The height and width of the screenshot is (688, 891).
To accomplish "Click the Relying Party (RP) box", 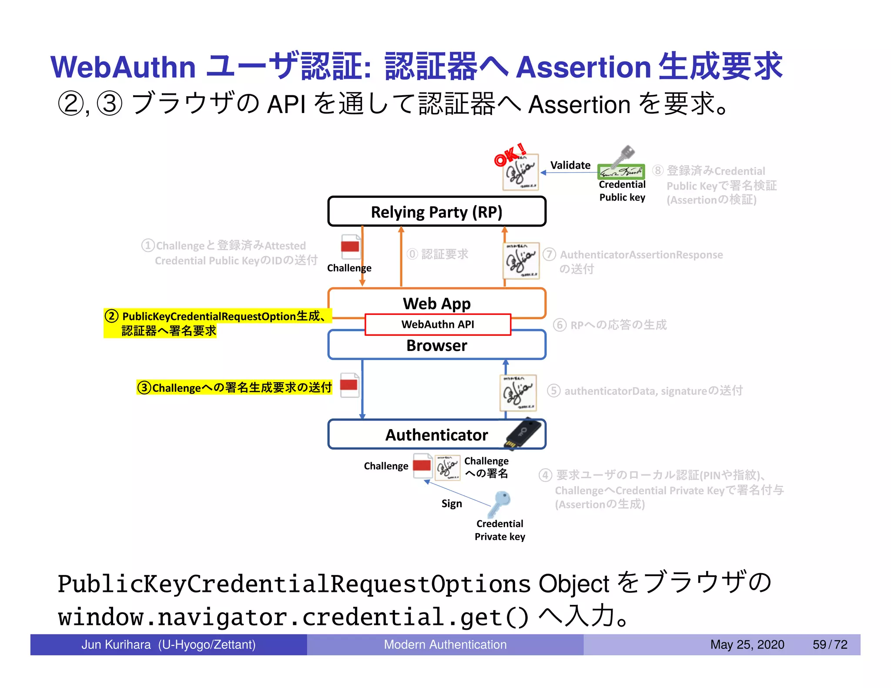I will click(436, 212).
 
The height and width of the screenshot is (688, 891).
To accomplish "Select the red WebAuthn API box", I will click(438, 324).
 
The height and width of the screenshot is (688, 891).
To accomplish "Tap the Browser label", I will click(436, 345).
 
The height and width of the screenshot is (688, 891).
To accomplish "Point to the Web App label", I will click(436, 303).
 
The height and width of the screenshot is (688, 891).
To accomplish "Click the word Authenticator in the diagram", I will click(436, 435).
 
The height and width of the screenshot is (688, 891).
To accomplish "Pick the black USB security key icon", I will click(523, 434).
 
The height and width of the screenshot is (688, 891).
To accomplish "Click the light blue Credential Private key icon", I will click(499, 503).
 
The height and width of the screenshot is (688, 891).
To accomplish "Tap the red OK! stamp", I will click(510, 155).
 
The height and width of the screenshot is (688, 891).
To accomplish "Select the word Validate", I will click(570, 165).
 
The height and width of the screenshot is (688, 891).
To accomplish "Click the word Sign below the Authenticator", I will click(452, 504).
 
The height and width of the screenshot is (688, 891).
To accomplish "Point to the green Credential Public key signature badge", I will click(621, 172).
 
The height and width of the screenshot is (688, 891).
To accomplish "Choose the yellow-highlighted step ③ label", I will click(234, 387).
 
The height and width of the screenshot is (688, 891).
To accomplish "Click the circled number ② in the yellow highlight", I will click(112, 316).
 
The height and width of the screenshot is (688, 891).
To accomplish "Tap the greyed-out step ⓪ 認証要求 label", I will click(438, 254).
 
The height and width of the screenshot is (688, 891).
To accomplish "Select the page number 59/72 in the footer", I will click(830, 645).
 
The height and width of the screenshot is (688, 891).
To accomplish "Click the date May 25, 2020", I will click(747, 645).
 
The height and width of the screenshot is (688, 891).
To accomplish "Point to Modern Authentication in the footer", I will click(445, 645).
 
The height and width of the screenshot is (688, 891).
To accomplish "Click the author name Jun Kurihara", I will click(116, 645).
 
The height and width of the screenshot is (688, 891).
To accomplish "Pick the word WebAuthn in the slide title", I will click(123, 67).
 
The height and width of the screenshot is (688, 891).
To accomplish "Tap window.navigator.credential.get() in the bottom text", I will click(293, 617).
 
